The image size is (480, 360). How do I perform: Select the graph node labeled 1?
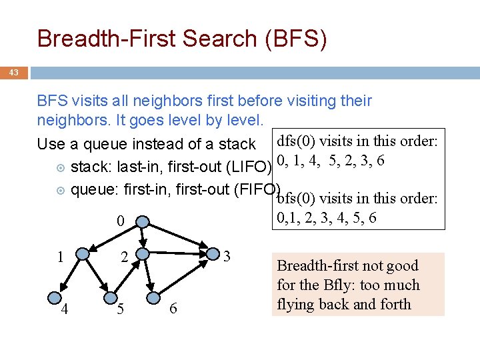(x=83, y=253)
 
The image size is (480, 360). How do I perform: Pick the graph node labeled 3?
(x=213, y=253)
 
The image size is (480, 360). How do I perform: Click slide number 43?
(x=14, y=72)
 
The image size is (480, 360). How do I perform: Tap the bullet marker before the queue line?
(x=60, y=190)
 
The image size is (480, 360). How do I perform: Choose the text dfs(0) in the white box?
(x=295, y=141)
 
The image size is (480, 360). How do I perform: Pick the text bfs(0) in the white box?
(x=295, y=198)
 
